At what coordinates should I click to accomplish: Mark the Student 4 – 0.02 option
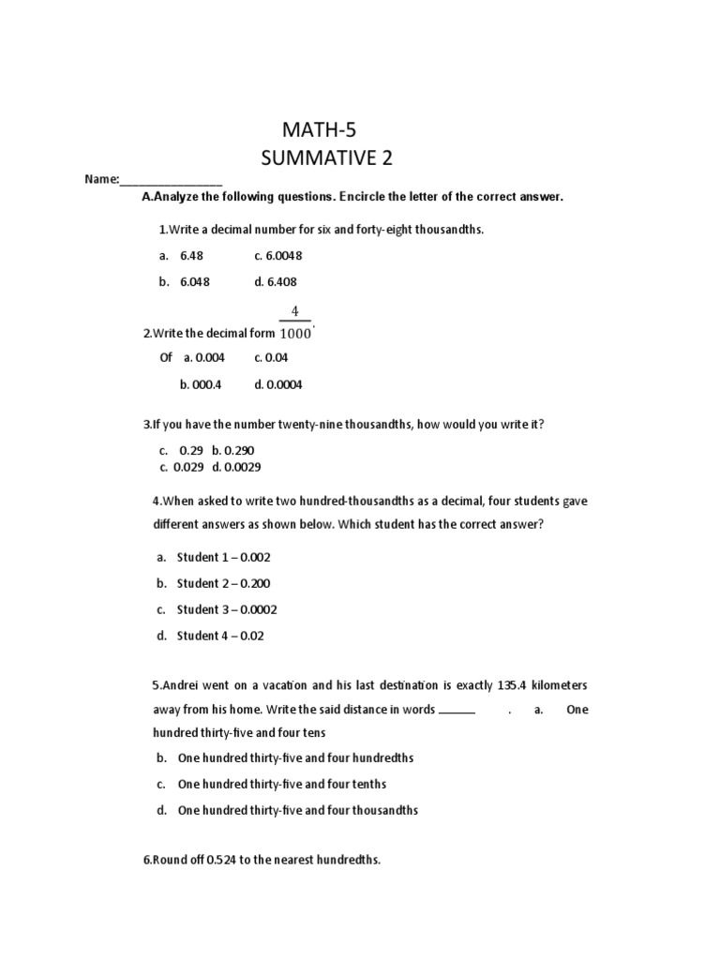[220, 636]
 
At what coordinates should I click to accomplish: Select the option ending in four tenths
[281, 784]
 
